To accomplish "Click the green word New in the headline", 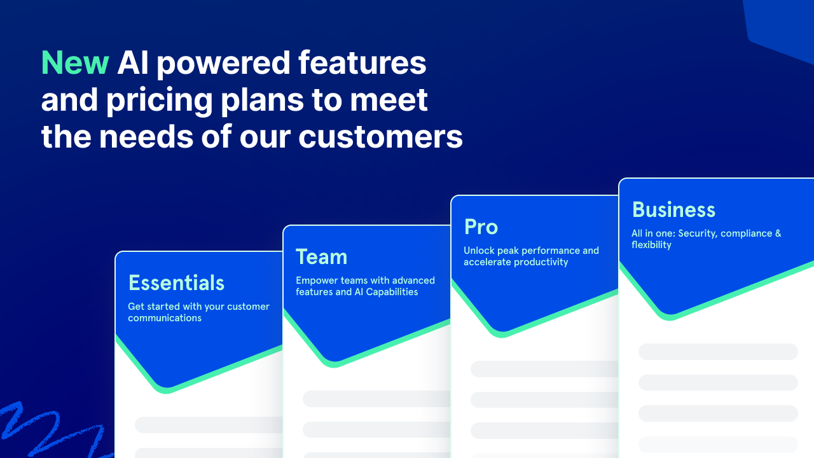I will (x=75, y=63).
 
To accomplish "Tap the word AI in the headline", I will (x=137, y=63).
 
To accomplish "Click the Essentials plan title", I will (x=176, y=282).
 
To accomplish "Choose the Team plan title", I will (x=321, y=256).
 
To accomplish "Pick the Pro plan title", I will (x=481, y=226).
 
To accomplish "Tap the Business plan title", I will (x=673, y=209).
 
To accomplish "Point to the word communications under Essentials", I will (x=165, y=318).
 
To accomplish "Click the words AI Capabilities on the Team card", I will (x=386, y=292).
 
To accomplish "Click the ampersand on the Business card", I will (x=778, y=233).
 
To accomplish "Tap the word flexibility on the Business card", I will (x=651, y=245).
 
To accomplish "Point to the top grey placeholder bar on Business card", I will (x=717, y=352).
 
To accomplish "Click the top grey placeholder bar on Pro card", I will (x=544, y=369).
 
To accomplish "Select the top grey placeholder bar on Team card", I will (x=376, y=399).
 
